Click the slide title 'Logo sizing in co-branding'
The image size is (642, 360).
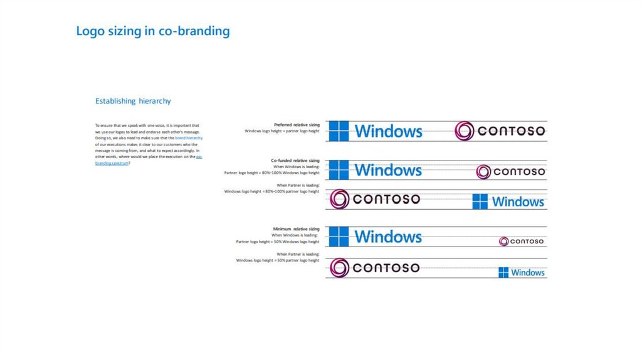(x=152, y=31)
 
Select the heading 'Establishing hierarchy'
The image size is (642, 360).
(x=133, y=101)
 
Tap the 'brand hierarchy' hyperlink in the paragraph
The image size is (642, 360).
(x=189, y=137)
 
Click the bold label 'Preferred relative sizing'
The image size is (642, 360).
(x=297, y=125)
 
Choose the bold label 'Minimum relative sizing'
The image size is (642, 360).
(x=296, y=229)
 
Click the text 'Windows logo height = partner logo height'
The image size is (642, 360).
(x=282, y=131)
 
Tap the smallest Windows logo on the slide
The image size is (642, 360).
(x=522, y=272)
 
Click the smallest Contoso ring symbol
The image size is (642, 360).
(x=503, y=241)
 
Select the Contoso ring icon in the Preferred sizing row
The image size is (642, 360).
(x=465, y=130)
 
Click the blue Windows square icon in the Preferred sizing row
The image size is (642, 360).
(x=339, y=130)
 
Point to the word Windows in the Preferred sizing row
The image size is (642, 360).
(x=388, y=131)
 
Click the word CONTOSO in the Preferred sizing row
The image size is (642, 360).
(x=511, y=131)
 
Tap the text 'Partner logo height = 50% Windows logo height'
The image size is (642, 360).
(x=277, y=241)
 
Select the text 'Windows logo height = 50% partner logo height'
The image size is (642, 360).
(x=277, y=260)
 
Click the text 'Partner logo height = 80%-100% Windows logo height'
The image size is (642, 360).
(x=271, y=172)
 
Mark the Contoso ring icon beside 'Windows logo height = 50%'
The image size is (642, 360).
(x=339, y=268)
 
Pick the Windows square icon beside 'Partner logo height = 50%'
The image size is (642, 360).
(x=339, y=236)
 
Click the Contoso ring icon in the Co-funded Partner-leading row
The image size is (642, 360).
(x=339, y=199)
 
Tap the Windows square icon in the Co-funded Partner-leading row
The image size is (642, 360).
(x=480, y=201)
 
